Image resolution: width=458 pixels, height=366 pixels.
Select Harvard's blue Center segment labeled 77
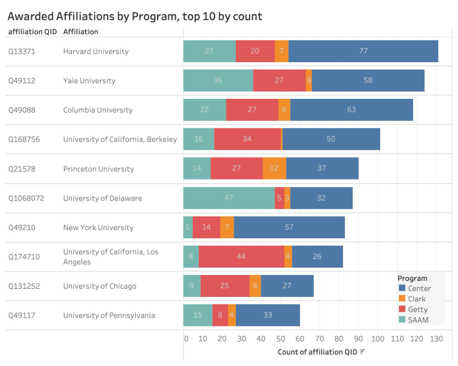(x=363, y=51)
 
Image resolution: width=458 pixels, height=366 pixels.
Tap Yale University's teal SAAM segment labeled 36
(x=218, y=80)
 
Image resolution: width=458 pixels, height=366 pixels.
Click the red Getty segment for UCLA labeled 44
(x=241, y=256)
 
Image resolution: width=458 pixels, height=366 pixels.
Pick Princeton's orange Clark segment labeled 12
(x=274, y=168)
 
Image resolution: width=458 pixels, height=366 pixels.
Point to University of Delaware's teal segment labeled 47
(x=229, y=198)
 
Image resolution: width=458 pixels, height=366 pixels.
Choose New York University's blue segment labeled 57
(x=289, y=227)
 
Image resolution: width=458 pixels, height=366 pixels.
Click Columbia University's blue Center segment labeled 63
(x=351, y=110)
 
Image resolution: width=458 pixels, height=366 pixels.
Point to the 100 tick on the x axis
(x=378, y=339)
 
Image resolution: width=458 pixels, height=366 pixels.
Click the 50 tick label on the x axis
(x=280, y=339)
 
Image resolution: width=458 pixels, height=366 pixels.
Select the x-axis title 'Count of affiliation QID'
(x=318, y=352)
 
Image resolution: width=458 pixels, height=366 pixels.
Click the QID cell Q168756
(x=24, y=139)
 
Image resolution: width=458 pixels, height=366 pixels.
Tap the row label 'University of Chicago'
(x=100, y=286)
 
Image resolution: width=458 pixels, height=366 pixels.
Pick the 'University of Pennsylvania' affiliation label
(x=109, y=316)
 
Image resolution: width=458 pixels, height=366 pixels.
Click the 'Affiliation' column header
(x=81, y=32)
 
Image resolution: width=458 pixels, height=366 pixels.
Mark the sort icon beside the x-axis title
(x=363, y=352)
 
